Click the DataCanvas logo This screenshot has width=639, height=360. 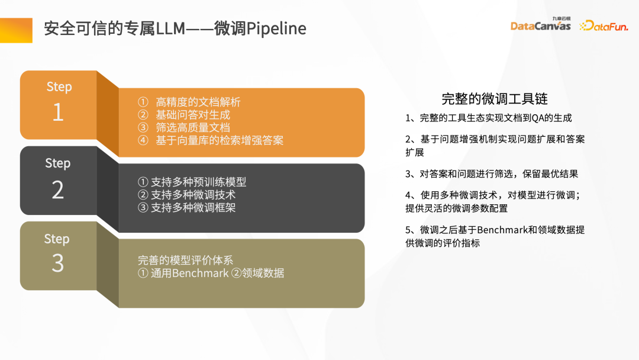540,25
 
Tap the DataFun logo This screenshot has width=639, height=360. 603,25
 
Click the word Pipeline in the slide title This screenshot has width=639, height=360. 276,28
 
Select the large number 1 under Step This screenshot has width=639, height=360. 58,112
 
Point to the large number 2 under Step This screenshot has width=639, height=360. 57,189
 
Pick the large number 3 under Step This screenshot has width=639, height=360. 57,263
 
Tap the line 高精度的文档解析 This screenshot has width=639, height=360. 198,102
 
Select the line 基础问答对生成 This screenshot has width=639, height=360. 193,115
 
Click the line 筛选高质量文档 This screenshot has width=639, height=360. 193,127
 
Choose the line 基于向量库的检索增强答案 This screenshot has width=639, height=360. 220,140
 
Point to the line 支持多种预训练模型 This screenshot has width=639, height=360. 198,182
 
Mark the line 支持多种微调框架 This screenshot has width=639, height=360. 193,207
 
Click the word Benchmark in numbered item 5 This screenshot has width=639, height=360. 502,230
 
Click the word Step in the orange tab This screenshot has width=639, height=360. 59,86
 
